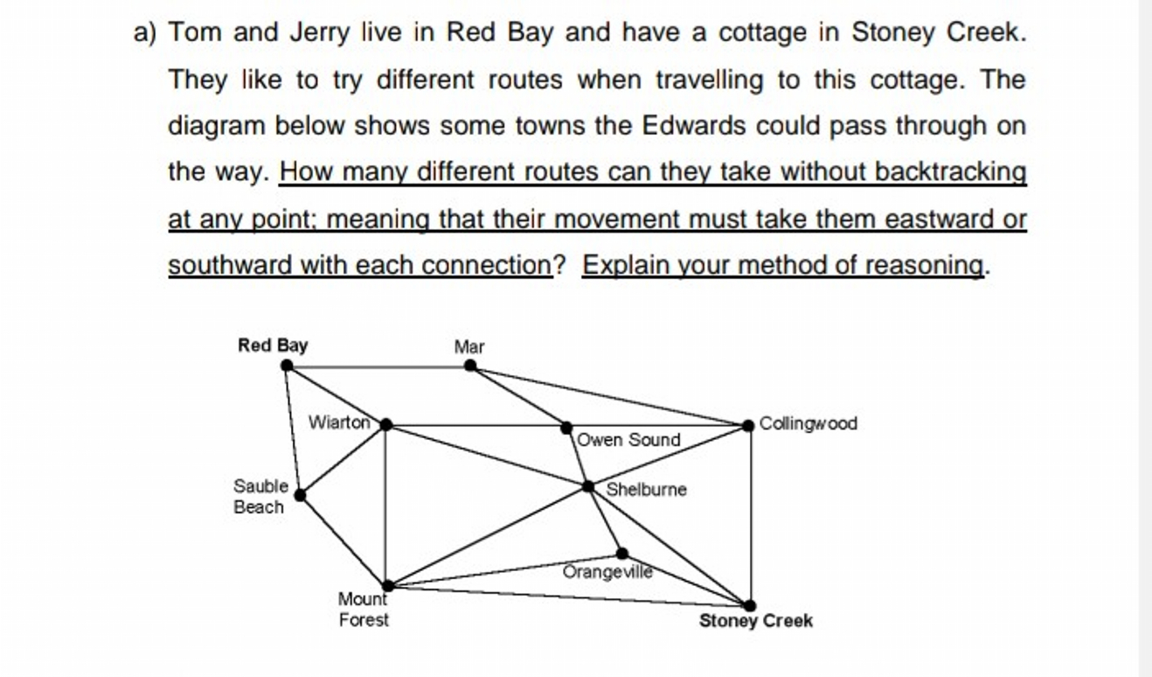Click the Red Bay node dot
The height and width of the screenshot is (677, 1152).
pos(288,366)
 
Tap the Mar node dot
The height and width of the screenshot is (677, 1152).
pos(470,366)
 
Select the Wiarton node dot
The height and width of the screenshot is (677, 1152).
pos(385,425)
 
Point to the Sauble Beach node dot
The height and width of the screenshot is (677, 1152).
pos(300,495)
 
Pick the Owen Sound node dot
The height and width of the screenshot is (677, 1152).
pos(566,427)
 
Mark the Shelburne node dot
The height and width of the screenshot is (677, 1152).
pos(588,485)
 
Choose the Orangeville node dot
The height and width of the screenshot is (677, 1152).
pos(621,553)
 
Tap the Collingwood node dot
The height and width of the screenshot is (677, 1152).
pos(748,425)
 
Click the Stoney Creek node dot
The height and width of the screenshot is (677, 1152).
pos(749,604)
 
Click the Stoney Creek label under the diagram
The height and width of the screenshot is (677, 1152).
pos(755,621)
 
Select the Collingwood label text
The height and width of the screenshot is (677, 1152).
pos(808,423)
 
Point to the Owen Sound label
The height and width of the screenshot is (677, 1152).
pos(628,440)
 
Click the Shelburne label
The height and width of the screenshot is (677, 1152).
pos(646,490)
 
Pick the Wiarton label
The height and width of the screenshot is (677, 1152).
pos(340,422)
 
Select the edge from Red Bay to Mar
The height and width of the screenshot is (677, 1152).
pos(378,366)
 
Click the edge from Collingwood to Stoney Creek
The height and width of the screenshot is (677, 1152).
pos(750,516)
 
